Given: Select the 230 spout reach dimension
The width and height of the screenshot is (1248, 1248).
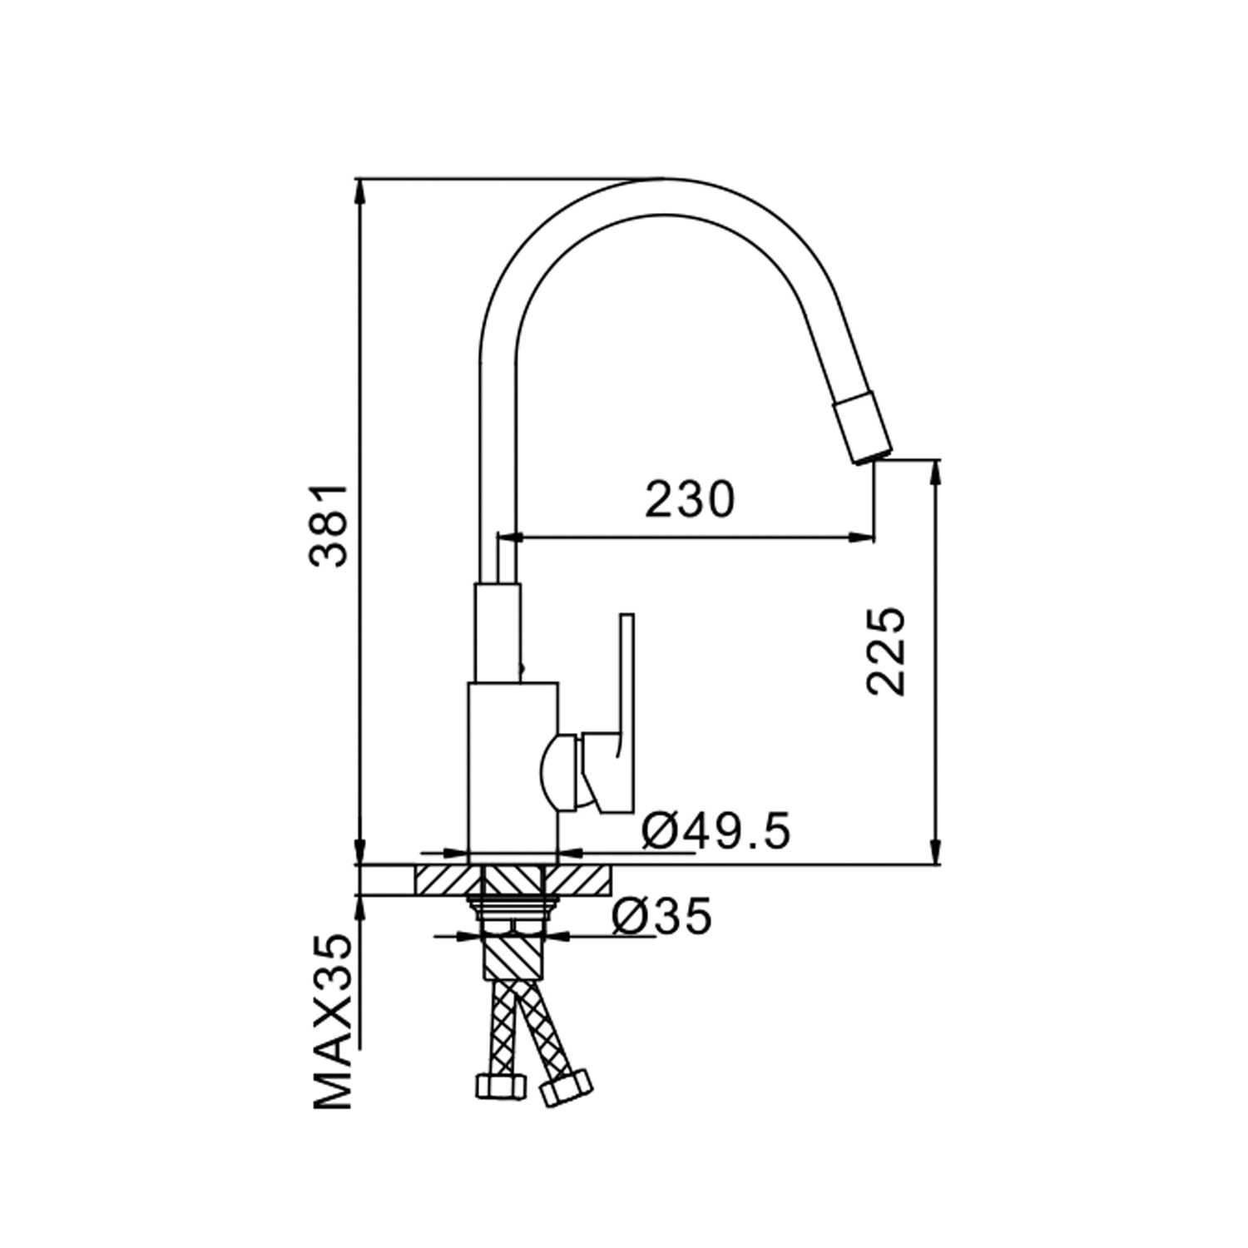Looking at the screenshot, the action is coord(691,500).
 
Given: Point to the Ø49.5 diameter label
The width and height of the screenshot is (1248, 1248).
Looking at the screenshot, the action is coord(716,831).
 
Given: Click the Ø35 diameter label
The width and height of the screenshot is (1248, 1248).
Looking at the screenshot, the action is coord(662,917).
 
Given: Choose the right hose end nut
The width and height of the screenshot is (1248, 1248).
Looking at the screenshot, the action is coord(566,1088).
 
